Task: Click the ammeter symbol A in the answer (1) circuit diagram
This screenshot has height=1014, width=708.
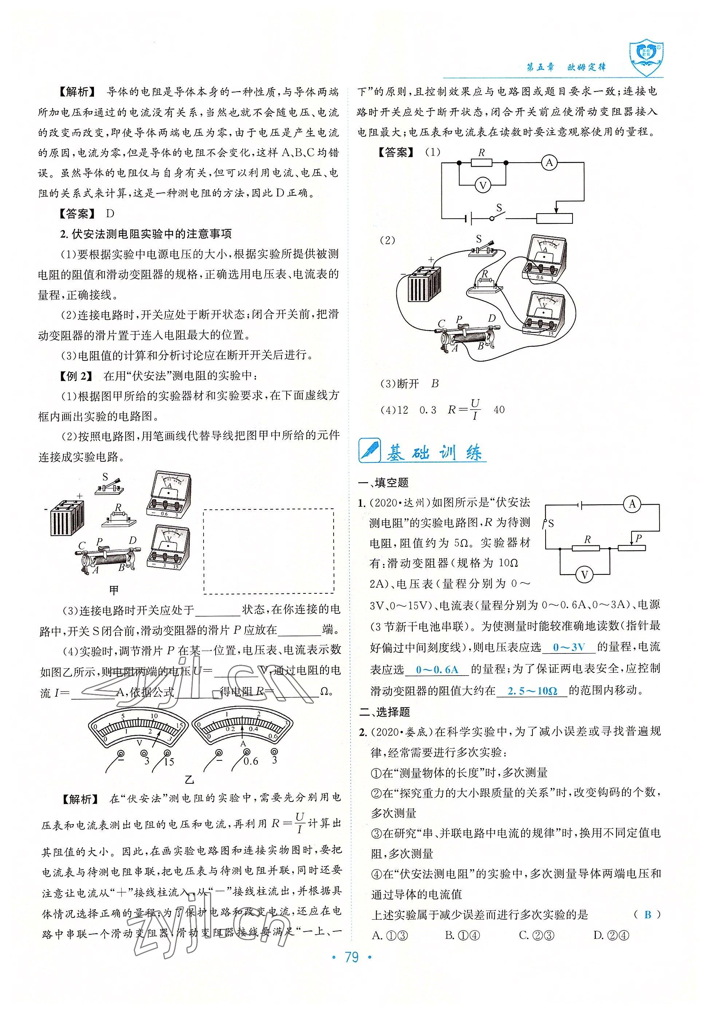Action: (549, 163)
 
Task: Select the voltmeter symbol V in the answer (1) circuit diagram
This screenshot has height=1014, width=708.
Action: (483, 186)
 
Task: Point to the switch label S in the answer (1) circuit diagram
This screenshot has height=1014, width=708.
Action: (499, 208)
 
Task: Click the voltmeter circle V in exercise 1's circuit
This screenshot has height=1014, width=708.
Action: (584, 574)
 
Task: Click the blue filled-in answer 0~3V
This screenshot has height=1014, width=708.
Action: (569, 648)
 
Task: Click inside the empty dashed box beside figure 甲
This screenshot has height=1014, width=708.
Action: (268, 551)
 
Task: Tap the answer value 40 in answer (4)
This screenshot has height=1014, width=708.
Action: (499, 410)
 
